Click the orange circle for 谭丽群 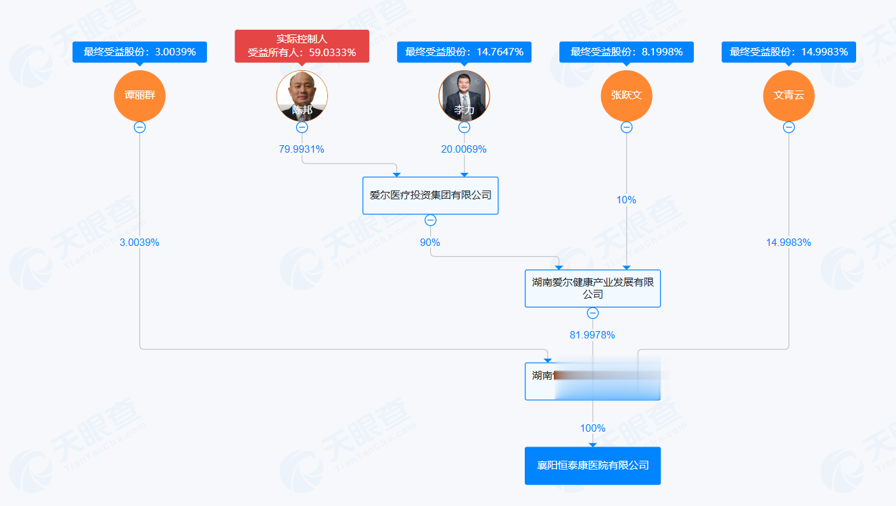(x=139, y=95)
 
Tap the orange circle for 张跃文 (x=626, y=95)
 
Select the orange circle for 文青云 (x=788, y=95)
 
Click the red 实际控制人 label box (x=302, y=46)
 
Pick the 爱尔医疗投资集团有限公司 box (x=430, y=195)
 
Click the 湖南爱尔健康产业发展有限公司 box (x=592, y=288)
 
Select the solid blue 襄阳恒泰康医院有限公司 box (x=592, y=465)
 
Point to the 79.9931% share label (x=302, y=149)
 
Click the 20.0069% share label (x=464, y=149)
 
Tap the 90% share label (x=430, y=243)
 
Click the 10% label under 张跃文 (x=626, y=200)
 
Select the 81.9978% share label (x=592, y=335)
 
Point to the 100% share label (x=592, y=428)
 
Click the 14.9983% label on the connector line (x=788, y=243)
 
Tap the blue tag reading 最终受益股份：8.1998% (x=626, y=52)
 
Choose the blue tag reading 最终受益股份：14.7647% (x=464, y=52)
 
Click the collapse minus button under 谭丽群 (x=139, y=127)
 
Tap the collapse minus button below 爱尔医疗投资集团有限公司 (x=430, y=220)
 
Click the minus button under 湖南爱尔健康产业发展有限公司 (x=592, y=313)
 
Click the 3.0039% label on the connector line (x=139, y=243)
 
